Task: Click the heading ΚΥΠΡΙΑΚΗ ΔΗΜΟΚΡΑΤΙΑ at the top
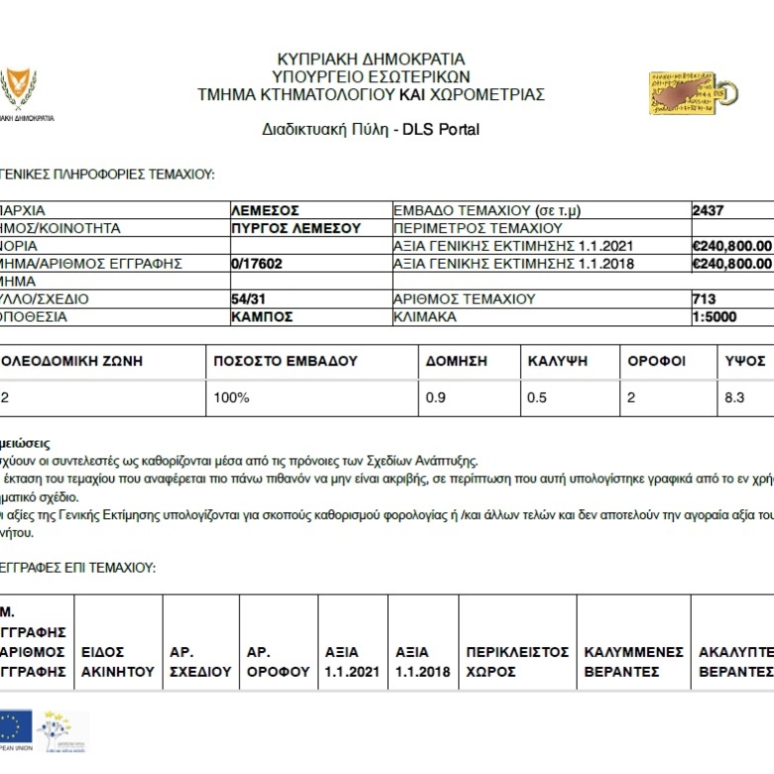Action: coord(371,60)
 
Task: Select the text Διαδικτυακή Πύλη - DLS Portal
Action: coord(371,130)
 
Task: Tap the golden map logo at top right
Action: coord(692,93)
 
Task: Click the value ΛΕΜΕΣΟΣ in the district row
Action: coord(265,210)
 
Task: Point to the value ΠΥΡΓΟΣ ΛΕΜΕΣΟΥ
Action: coord(296,228)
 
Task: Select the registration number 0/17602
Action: coord(257,264)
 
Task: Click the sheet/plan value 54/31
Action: coord(248,299)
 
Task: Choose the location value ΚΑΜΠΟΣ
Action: coord(262,317)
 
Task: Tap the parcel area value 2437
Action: coord(708,210)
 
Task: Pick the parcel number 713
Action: coord(704,299)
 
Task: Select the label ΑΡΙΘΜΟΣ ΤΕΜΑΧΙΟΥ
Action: coord(464,299)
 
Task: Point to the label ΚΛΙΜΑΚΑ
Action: coord(425,317)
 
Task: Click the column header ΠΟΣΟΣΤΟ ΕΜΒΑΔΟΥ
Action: coord(286,361)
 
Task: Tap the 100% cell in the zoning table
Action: coord(231,397)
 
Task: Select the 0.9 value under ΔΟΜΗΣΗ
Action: coord(436,397)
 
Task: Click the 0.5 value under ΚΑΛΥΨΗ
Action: coord(537,397)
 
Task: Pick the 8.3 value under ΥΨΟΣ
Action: coord(734,397)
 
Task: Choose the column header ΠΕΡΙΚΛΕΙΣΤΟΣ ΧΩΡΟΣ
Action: coord(517,662)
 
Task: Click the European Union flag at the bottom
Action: coord(14,727)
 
